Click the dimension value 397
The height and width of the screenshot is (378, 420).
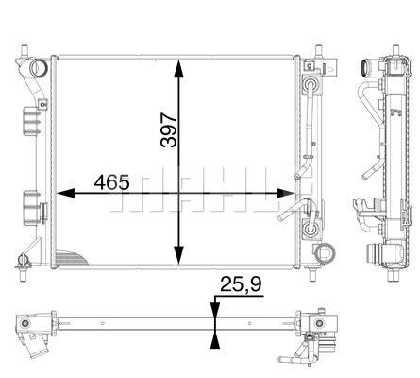168,130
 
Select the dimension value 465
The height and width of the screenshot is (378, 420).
111,182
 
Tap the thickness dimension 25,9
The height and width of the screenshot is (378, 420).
241,284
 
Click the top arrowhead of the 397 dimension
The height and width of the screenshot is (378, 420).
178,68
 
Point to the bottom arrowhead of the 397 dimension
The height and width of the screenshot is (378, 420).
178,255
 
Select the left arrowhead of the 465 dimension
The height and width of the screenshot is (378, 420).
65,193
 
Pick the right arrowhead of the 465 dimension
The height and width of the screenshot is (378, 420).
286,193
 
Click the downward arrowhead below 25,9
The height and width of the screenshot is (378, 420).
215,310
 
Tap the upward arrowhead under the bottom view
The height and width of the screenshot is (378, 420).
215,341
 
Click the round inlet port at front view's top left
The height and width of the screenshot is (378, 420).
39,68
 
